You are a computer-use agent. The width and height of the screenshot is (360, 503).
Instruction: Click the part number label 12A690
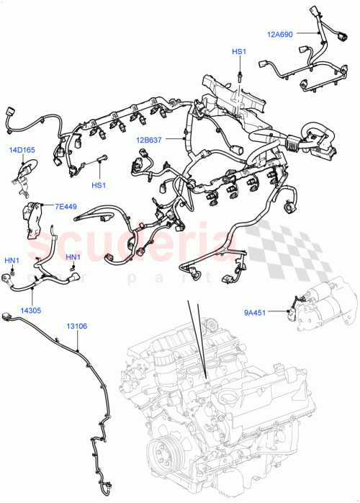click(279, 34)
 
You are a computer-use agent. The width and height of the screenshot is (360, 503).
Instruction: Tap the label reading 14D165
click(22, 151)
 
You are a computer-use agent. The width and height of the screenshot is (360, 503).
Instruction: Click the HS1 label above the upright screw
click(238, 52)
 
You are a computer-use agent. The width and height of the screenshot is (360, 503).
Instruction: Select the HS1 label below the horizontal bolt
click(99, 185)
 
